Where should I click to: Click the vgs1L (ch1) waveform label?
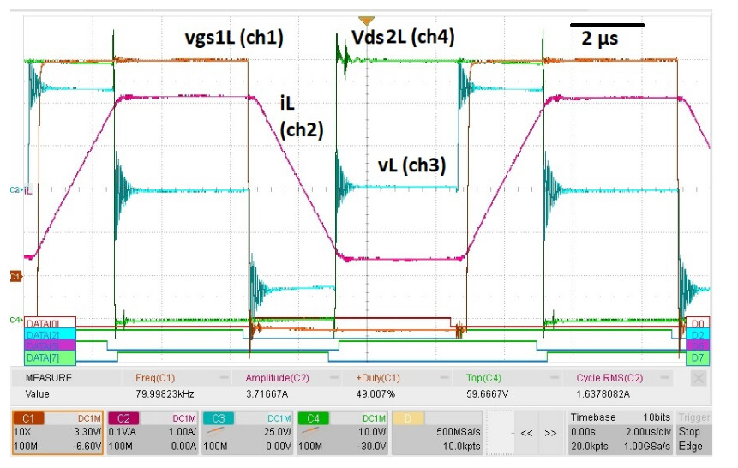(234, 38)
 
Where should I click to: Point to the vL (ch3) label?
(411, 166)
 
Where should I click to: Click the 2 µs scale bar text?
(600, 39)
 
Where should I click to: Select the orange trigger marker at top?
(367, 19)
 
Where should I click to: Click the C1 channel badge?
(29, 417)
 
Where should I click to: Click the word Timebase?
(592, 417)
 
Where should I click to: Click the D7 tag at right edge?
(699, 357)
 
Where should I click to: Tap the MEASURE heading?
(49, 377)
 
